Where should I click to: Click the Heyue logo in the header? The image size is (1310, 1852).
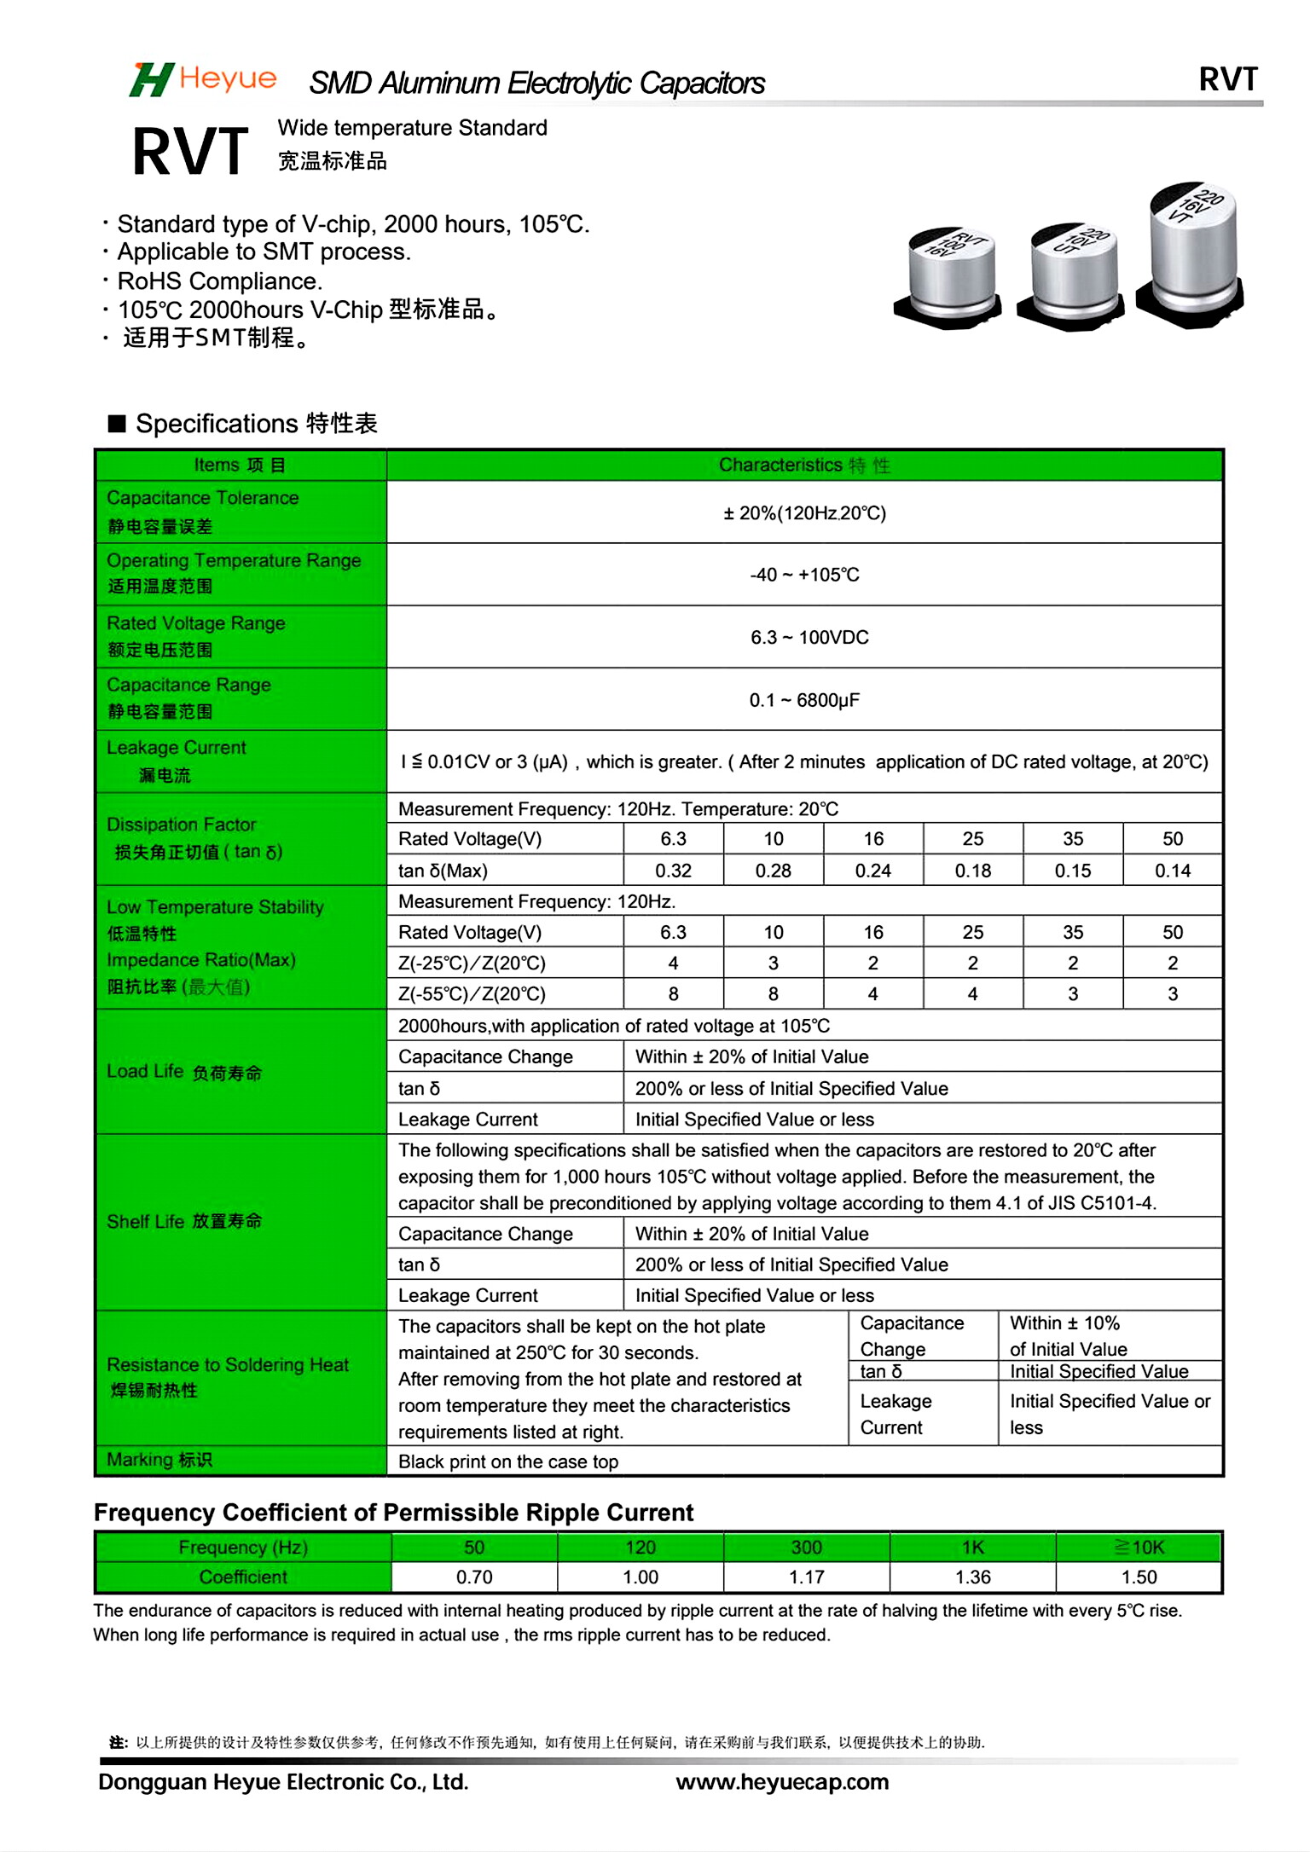(x=203, y=80)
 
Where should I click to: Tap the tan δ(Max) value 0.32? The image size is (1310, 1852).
(x=673, y=871)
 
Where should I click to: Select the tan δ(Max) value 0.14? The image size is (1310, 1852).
(x=1172, y=871)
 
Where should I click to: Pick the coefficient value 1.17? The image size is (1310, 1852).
(x=806, y=1577)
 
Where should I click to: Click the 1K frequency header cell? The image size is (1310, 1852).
(x=972, y=1547)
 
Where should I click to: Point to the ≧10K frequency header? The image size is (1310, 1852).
(x=1139, y=1547)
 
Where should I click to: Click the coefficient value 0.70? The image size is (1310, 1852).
(x=474, y=1577)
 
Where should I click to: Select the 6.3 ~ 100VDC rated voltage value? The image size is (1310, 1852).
(x=809, y=637)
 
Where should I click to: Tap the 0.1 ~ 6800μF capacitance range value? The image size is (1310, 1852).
(x=804, y=700)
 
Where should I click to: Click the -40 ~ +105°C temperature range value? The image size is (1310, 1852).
(x=804, y=575)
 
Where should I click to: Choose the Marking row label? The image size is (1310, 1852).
(x=159, y=1460)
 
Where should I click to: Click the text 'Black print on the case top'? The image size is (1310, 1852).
(x=508, y=1461)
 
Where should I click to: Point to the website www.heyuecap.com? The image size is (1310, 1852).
(x=782, y=1781)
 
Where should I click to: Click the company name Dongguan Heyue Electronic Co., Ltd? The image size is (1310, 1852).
(x=283, y=1781)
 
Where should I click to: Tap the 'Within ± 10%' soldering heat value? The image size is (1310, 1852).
(x=1064, y=1323)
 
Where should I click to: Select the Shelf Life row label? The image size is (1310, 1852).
(x=184, y=1221)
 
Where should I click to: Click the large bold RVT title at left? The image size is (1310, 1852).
(x=190, y=152)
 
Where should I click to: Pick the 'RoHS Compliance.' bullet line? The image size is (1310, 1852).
(x=219, y=281)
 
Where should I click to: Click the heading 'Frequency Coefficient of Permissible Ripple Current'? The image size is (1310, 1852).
(x=393, y=1513)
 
